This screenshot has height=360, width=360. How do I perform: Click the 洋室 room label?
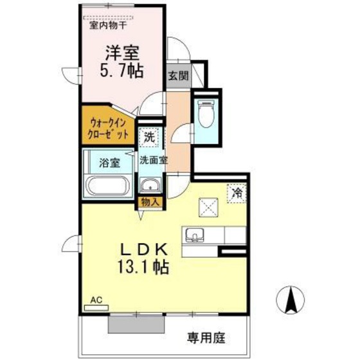click(122, 51)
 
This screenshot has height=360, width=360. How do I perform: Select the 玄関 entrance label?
click(178, 75)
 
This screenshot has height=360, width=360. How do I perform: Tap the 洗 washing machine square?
click(149, 137)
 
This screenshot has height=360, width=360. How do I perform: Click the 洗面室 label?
click(154, 161)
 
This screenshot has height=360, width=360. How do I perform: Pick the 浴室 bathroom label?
click(109, 163)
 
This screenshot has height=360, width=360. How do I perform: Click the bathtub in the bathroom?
click(108, 186)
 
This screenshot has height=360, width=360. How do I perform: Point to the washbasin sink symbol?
click(152, 187)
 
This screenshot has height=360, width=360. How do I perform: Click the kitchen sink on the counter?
click(195, 235)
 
